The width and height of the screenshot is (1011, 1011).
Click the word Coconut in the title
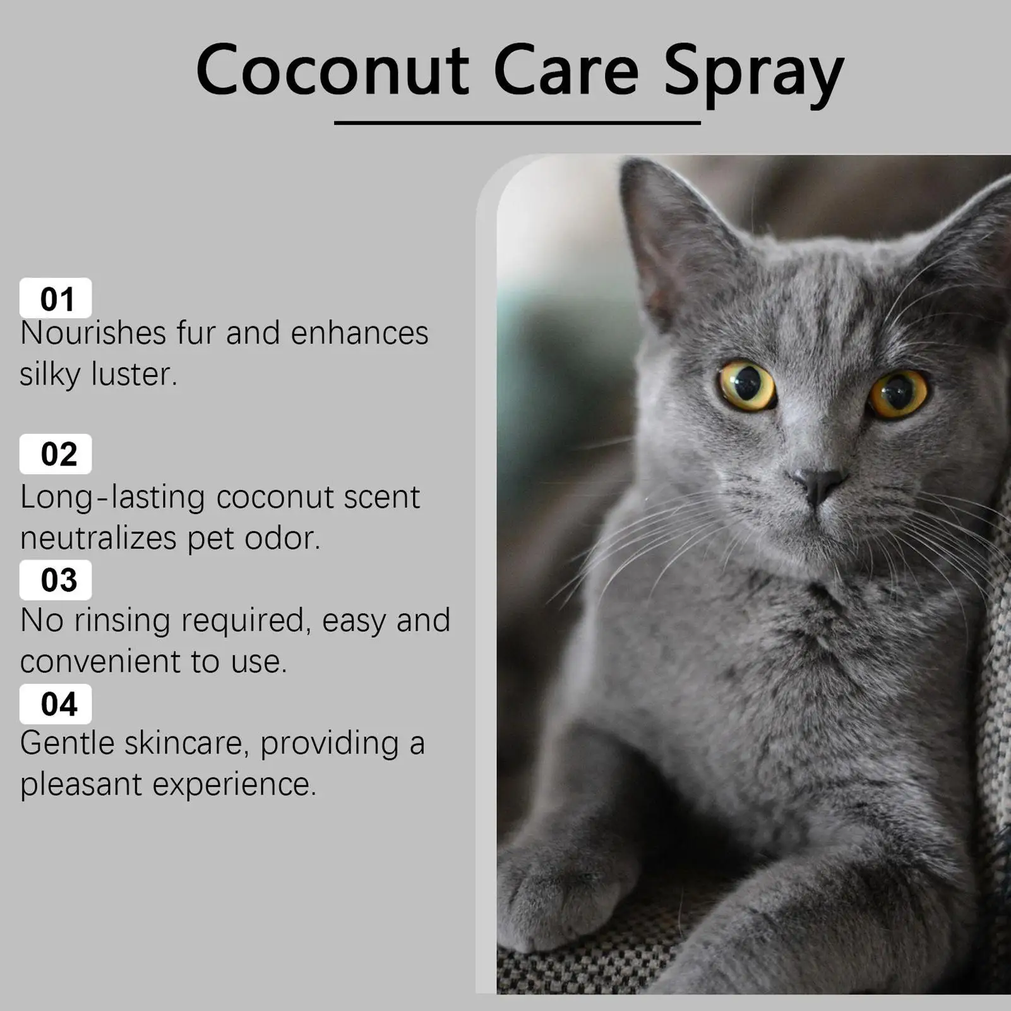332,69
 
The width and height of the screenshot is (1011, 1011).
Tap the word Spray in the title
754,75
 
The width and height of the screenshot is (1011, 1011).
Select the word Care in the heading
566,69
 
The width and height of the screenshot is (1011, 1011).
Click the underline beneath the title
517,123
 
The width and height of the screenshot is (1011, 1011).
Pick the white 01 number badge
56,298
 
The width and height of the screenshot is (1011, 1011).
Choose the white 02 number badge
56,454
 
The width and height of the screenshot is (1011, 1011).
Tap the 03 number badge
56,580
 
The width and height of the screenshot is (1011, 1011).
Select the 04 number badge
56,704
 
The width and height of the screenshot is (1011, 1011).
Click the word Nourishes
92,333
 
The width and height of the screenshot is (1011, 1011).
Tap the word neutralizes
98,539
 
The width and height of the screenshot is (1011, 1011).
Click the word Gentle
67,743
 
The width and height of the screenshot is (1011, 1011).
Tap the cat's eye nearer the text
747,386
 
